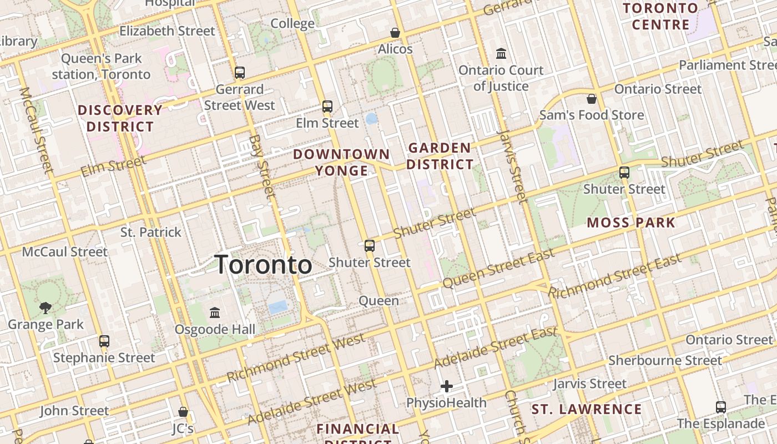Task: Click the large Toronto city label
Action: pos(263,264)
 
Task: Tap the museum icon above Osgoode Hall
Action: pos(215,312)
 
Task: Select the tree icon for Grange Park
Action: pos(46,307)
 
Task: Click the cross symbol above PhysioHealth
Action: pos(447,386)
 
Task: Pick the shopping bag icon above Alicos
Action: pos(395,33)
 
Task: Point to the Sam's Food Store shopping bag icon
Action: pos(592,99)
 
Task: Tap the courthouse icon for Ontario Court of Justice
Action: pos(501,54)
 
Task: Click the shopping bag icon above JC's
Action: pos(183,412)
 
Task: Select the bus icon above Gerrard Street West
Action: pos(240,72)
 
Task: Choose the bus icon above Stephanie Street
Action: pos(104,341)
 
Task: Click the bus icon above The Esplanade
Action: pos(720,407)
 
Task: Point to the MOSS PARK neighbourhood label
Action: pos(631,223)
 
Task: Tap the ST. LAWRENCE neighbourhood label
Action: pos(587,410)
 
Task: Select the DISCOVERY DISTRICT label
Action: pos(120,118)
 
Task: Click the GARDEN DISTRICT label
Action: pos(440,156)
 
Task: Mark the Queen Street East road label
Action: pos(498,269)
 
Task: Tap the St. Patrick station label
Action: pos(151,232)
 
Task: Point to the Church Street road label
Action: pos(515,413)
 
